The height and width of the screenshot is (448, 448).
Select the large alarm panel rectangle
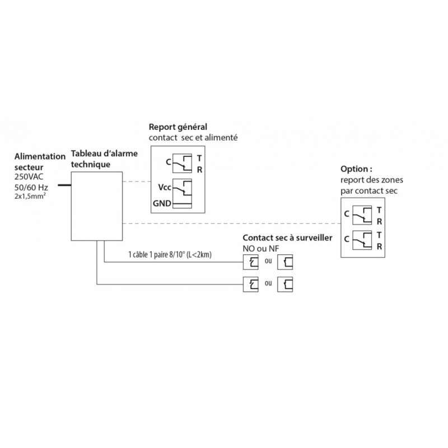click(96, 206)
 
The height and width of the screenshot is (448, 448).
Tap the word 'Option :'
click(356, 169)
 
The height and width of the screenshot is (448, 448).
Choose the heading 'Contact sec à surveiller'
click(287, 238)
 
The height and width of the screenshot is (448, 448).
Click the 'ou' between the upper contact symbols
click(268, 262)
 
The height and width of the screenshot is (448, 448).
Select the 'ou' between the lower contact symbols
click(268, 283)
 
